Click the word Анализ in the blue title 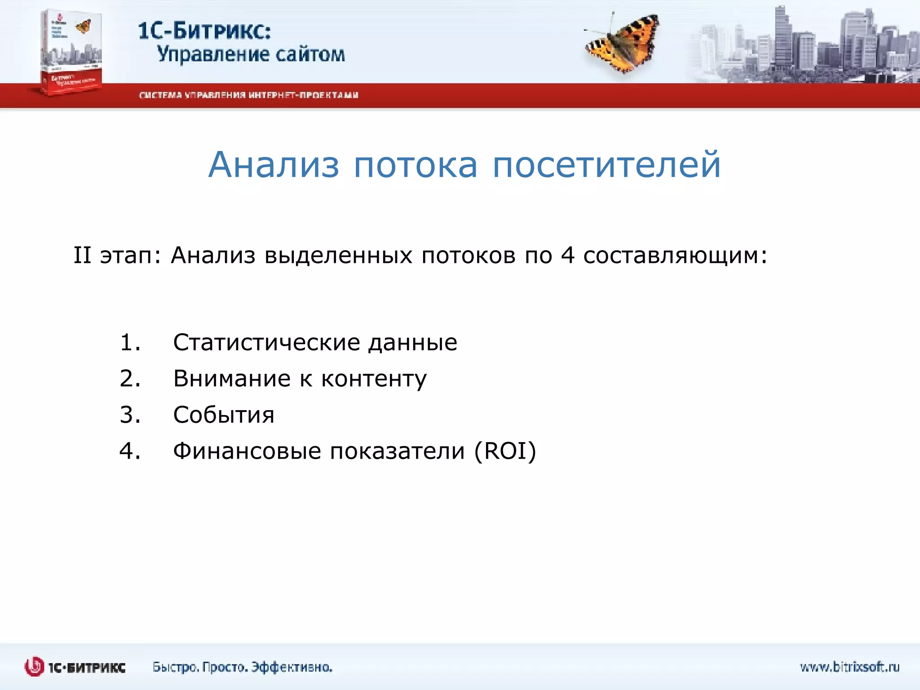(274, 165)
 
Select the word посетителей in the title (606, 165)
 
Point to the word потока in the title (416, 165)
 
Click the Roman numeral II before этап (82, 255)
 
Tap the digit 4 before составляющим (568, 255)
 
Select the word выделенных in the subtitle (338, 255)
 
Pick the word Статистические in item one (266, 342)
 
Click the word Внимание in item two (232, 378)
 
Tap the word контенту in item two (374, 379)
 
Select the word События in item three (224, 415)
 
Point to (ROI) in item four (505, 451)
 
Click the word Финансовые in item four (247, 451)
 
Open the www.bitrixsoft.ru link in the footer (849, 667)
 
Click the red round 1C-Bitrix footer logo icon (34, 667)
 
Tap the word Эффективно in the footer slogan (292, 667)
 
